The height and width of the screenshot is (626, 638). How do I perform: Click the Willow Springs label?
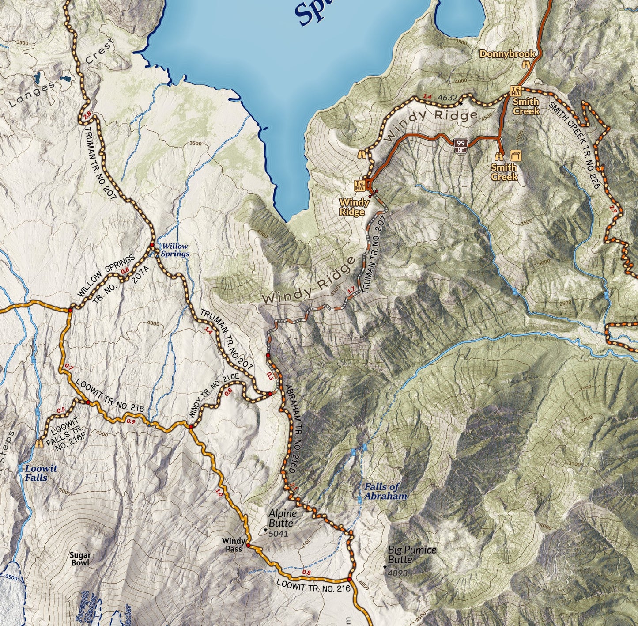[x=174, y=250]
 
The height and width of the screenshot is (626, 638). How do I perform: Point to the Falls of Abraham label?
[x=385, y=491]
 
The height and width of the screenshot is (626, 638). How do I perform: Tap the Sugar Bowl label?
[x=80, y=559]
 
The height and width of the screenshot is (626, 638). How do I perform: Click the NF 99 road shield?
[x=461, y=144]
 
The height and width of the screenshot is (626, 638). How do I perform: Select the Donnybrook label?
[x=507, y=54]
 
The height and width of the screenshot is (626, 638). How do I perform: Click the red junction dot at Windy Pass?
[x=248, y=546]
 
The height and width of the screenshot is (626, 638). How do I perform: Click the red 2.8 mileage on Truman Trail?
[x=87, y=115]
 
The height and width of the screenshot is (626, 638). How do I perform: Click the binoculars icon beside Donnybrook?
[x=526, y=64]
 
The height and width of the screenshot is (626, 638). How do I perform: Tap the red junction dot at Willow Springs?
[x=151, y=245]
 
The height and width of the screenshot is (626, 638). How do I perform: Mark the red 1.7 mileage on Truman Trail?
[x=351, y=291]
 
